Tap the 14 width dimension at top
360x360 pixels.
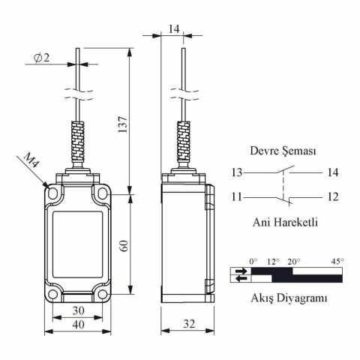173,28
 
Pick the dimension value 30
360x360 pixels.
77,309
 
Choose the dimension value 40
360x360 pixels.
77,325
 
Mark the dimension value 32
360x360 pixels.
187,325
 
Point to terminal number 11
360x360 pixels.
237,198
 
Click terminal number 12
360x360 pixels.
331,198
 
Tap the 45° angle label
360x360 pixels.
337,261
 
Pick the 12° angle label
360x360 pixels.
273,261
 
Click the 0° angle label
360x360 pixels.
253,261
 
